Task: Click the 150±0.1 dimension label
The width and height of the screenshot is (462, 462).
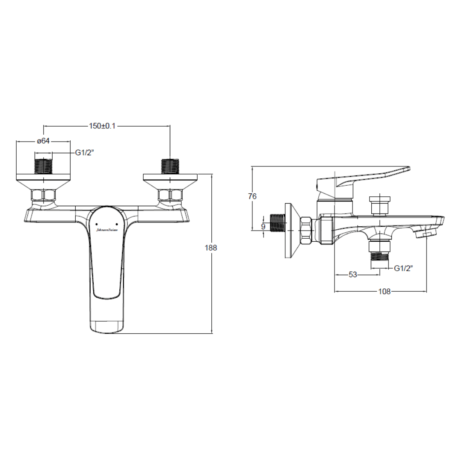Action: (102, 126)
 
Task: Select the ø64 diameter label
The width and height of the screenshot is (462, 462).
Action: (43, 141)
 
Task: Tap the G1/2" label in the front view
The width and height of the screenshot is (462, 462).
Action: (85, 153)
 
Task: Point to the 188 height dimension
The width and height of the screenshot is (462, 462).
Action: (211, 248)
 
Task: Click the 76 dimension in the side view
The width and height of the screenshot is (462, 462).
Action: (252, 196)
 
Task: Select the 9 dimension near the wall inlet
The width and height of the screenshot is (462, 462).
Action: (264, 227)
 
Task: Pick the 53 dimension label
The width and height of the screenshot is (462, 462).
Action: (352, 275)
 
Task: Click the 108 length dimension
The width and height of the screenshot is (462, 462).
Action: (385, 291)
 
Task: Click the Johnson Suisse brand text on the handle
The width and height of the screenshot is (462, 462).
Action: (107, 230)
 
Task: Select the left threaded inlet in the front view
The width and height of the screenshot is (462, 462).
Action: (43, 166)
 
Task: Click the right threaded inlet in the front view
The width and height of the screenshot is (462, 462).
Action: (170, 166)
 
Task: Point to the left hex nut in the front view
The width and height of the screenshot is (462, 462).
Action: (43, 195)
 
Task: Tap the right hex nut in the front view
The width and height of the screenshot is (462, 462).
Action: (170, 195)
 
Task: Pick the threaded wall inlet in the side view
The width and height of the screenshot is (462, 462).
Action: (277, 223)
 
